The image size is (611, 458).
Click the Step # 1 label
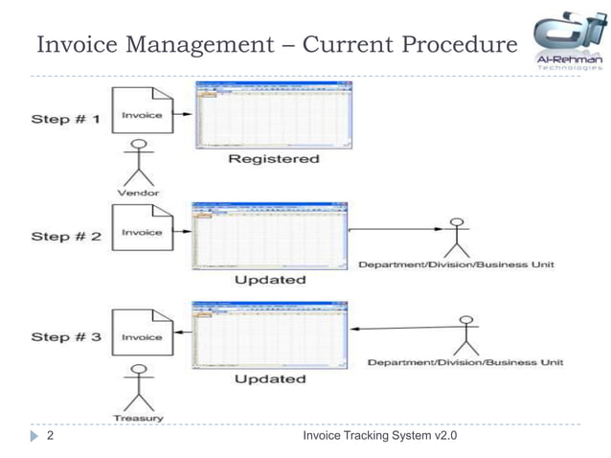[x=65, y=119]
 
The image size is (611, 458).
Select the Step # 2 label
[x=66, y=236]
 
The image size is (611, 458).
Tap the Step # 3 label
[x=65, y=337]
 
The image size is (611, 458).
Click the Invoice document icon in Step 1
[x=142, y=120]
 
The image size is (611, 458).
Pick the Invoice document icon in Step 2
[x=142, y=234]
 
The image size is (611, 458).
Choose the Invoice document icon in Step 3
[x=142, y=336]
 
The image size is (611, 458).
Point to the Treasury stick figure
[x=141, y=388]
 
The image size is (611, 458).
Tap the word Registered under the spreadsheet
[x=273, y=159]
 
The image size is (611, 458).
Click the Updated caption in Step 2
[x=270, y=280]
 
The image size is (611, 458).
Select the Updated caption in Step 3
[x=270, y=379]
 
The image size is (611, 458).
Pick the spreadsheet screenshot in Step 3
[x=271, y=335]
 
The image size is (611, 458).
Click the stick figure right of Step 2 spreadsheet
[x=456, y=239]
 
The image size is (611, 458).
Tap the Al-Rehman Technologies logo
[x=568, y=42]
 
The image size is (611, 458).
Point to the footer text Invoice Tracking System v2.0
[x=379, y=437]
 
